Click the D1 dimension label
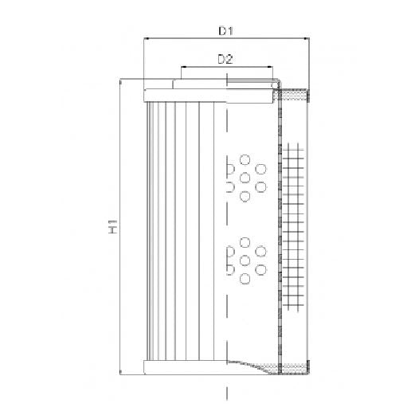225,30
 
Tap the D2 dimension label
225,59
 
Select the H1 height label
113,225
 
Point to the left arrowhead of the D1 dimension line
147,39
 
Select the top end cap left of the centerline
185,96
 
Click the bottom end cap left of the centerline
185,368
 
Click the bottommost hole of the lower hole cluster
245,279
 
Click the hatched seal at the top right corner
296,96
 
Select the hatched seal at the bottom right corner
296,368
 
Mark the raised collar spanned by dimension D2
225,83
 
